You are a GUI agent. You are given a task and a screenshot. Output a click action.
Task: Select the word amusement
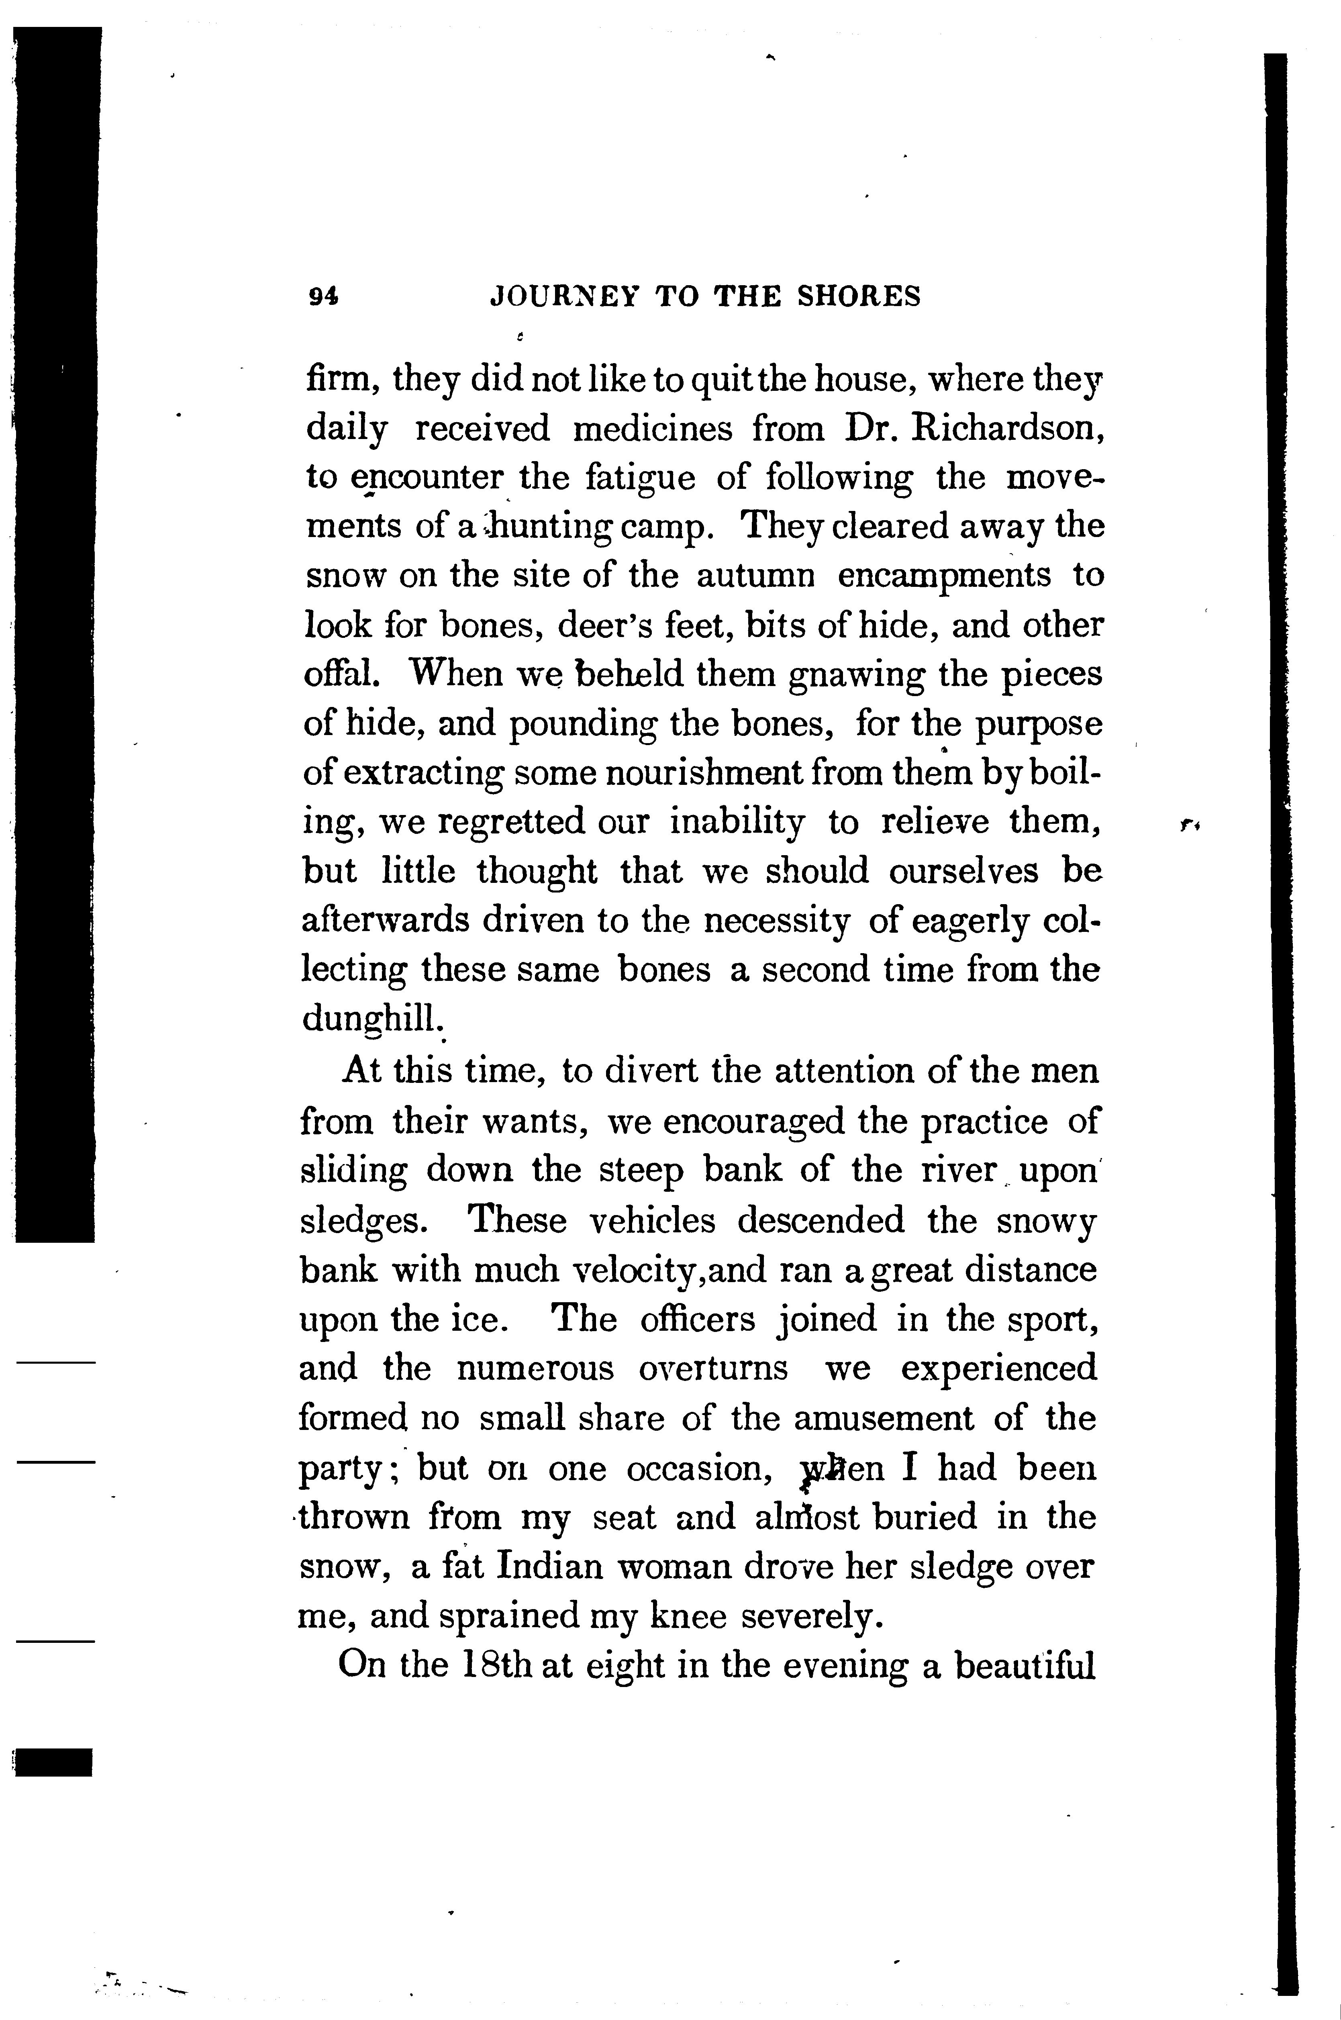pos(883,1417)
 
